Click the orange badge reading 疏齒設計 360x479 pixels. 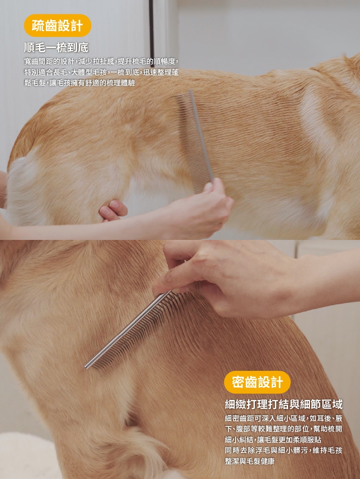coord(57,26)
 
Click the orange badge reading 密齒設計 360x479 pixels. coord(257,382)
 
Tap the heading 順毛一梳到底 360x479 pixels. coord(56,48)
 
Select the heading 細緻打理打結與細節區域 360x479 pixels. coord(283,404)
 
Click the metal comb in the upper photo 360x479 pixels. coord(196,141)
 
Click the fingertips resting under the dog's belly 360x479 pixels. coord(113,210)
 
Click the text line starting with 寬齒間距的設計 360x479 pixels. coord(101,61)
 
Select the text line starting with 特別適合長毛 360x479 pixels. coord(101,72)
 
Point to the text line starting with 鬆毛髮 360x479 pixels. coord(79,83)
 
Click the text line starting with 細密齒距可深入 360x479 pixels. coord(283,418)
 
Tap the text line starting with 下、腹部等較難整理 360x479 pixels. coord(283,429)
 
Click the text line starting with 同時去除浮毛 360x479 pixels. coord(283,450)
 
